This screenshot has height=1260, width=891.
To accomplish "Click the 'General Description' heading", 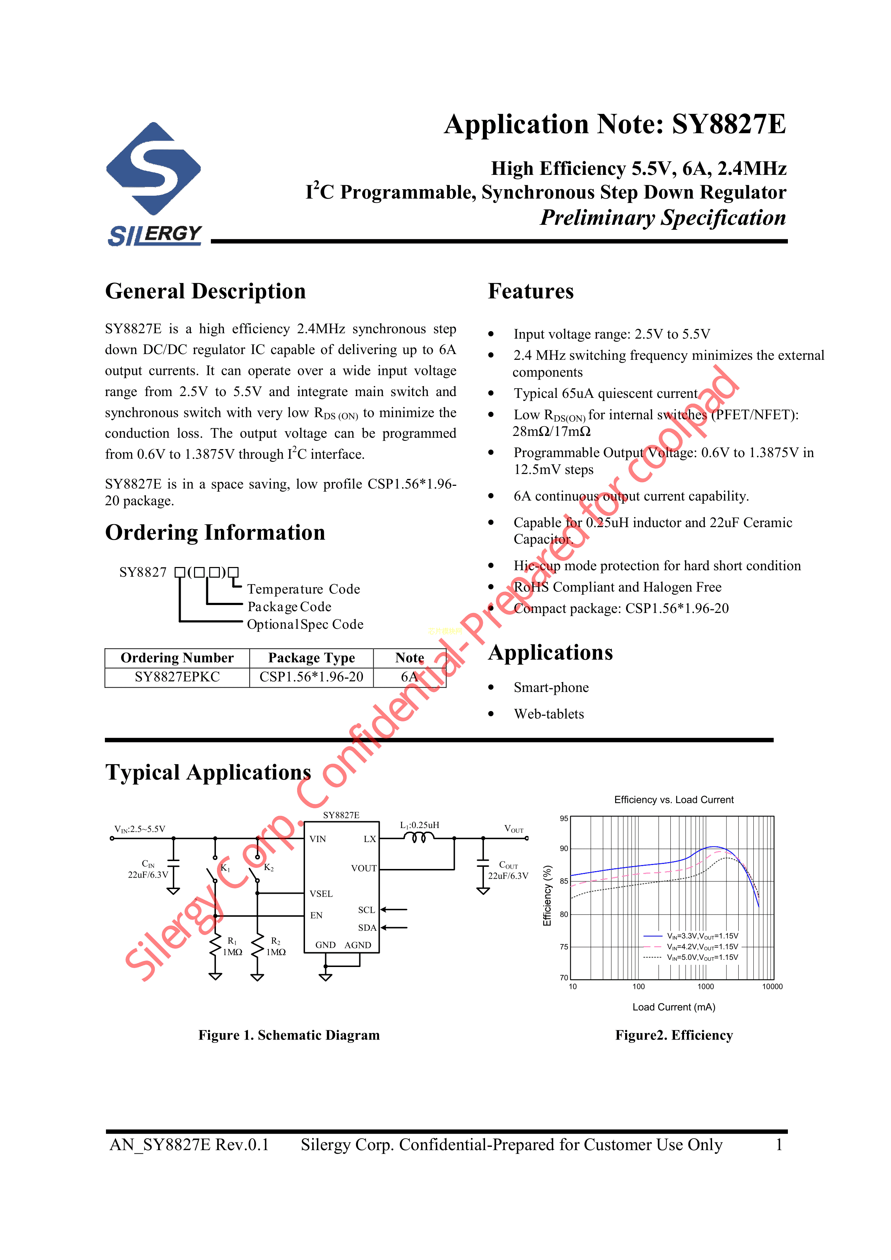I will point(205,292).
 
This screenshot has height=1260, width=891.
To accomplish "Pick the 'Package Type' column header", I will point(311,657).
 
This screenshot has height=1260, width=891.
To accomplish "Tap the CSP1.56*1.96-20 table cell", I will point(311,677).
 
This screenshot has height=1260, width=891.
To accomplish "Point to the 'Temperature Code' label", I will point(304,589).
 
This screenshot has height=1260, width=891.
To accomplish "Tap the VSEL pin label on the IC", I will point(321,894).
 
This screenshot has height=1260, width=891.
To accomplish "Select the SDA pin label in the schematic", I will point(367,928).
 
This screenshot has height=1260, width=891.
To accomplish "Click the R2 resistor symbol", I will point(257,947).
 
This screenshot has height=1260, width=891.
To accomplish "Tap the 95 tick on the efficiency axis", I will point(564,819).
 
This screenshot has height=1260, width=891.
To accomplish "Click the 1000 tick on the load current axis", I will point(706,987).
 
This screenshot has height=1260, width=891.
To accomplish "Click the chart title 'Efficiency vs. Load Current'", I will point(674,800).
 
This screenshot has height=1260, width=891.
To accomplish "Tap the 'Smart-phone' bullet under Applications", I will point(551,688).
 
